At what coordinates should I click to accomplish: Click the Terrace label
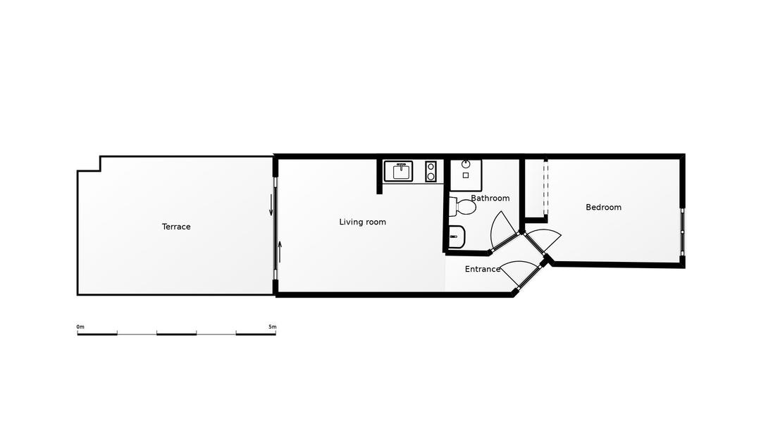pyautogui.click(x=176, y=227)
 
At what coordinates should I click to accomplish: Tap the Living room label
pyautogui.click(x=362, y=222)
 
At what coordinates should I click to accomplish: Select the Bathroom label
pyautogui.click(x=490, y=199)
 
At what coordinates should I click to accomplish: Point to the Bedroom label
pyautogui.click(x=603, y=207)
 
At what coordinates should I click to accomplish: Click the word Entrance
pyautogui.click(x=482, y=269)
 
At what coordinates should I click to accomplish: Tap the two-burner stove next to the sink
pyautogui.click(x=431, y=171)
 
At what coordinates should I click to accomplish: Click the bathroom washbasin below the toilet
pyautogui.click(x=456, y=237)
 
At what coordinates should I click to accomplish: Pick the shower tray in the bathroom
pyautogui.click(x=466, y=175)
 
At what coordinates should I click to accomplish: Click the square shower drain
pyautogui.click(x=466, y=175)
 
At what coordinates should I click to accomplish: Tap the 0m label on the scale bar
pyautogui.click(x=80, y=327)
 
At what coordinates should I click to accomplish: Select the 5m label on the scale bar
pyautogui.click(x=272, y=327)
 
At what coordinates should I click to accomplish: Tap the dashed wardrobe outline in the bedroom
pyautogui.click(x=545, y=189)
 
